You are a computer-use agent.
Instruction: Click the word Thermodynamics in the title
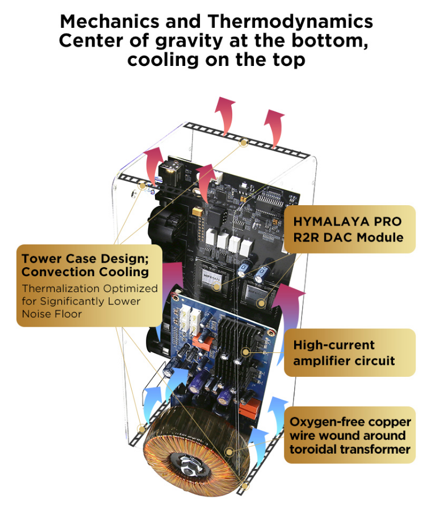click(290, 22)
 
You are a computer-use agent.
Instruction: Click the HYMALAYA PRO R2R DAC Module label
click(348, 229)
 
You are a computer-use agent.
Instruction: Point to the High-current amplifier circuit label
click(344, 352)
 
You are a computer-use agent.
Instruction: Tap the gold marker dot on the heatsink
click(245, 352)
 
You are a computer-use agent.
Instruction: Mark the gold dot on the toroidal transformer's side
click(229, 452)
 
